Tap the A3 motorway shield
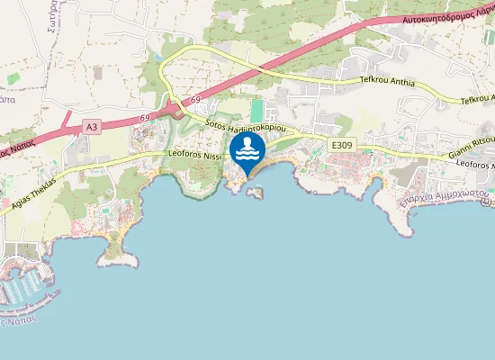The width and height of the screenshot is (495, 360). coord(91,128)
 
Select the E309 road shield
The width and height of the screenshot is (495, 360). coord(342,145)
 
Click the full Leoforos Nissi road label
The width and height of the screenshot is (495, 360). coord(195,156)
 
